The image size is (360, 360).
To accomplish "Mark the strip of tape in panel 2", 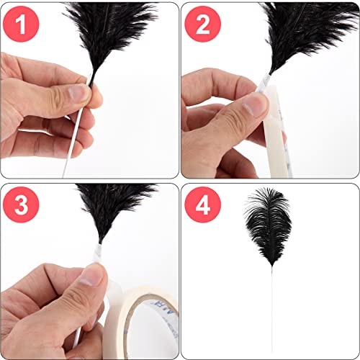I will [x=277, y=137].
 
